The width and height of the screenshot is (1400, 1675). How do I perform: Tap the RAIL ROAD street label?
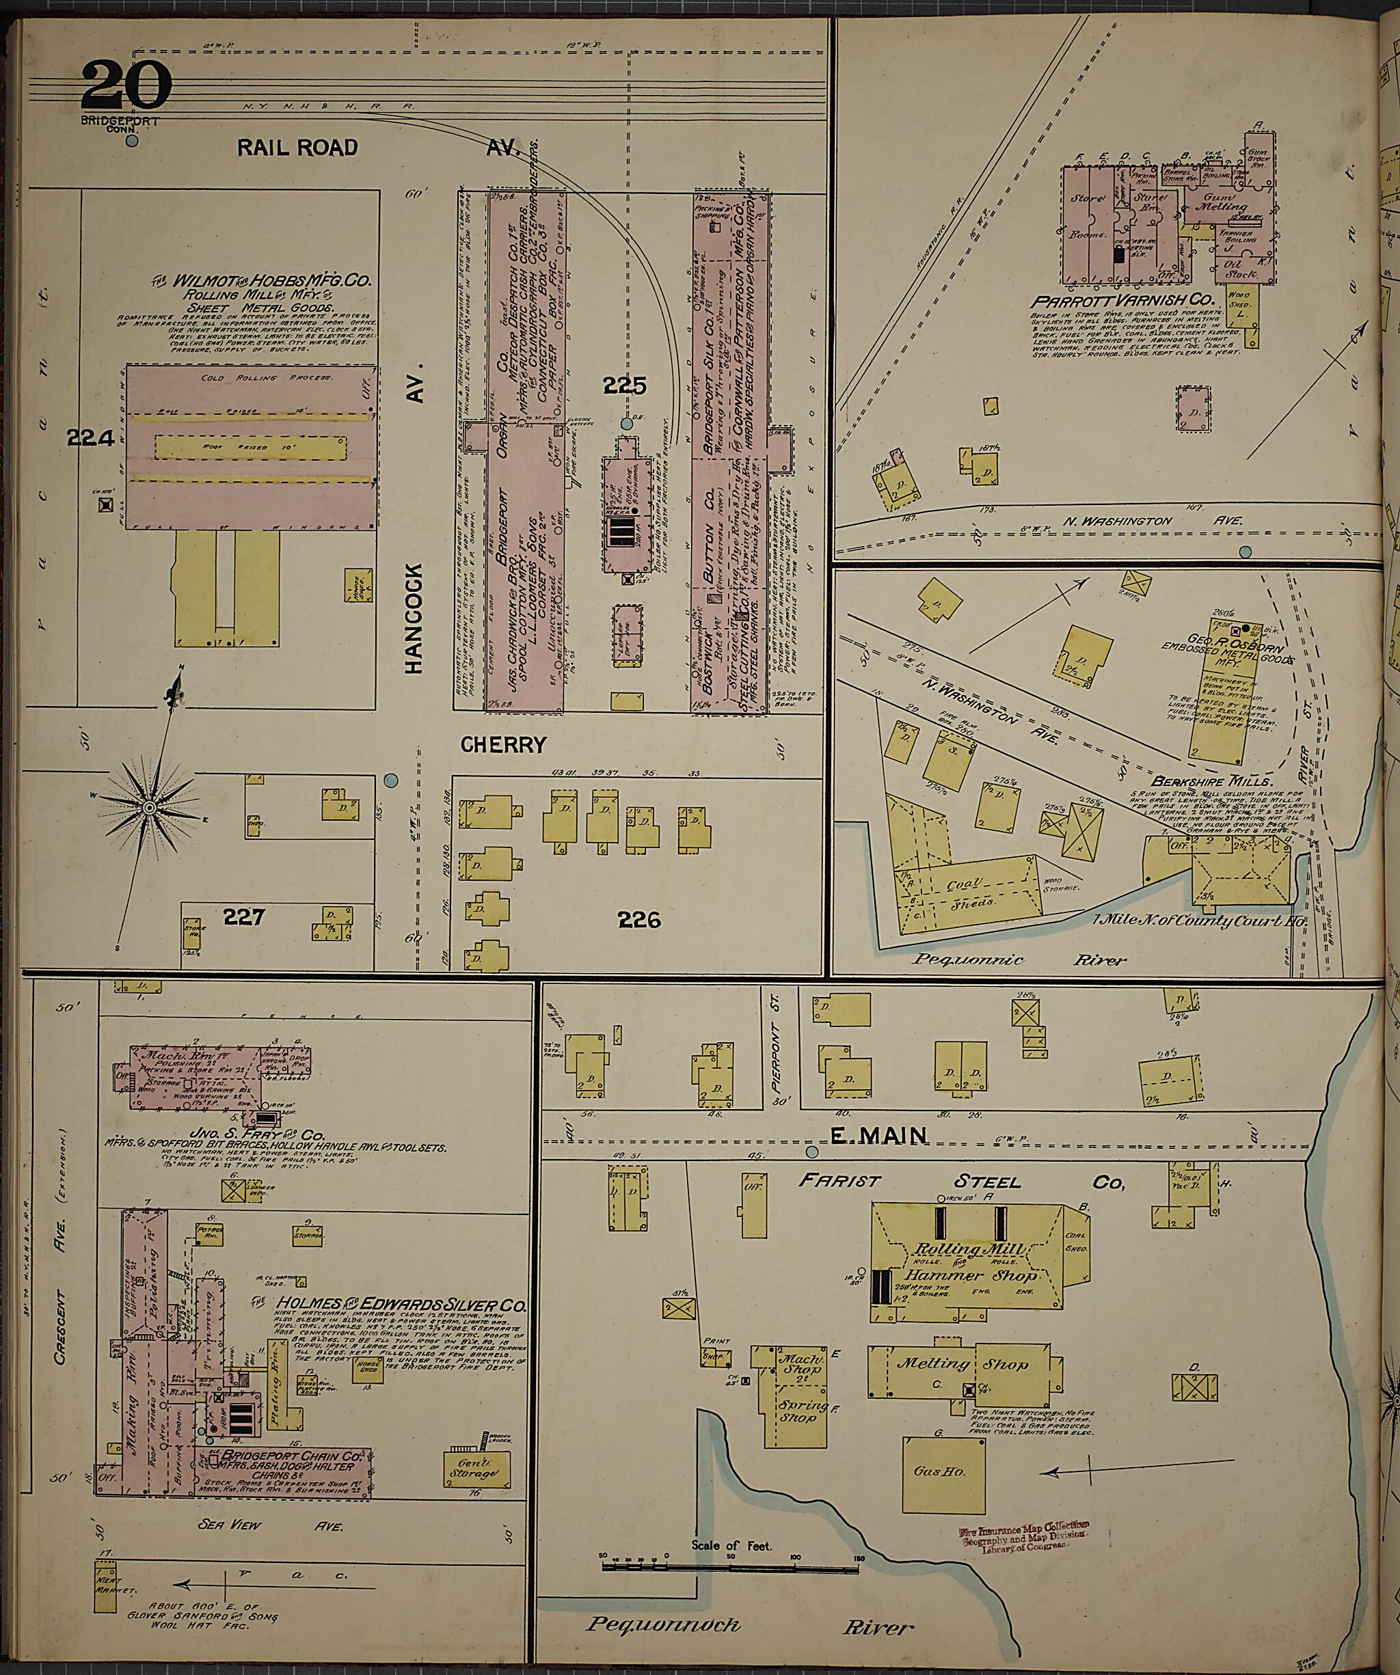(297, 148)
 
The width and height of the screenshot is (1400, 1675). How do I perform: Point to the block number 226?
(640, 920)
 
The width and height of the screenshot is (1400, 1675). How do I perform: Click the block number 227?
(244, 916)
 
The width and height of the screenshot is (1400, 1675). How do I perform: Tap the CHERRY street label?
(503, 744)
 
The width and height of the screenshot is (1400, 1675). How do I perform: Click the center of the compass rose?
(148, 808)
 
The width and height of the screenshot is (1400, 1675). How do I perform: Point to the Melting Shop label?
(962, 1365)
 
